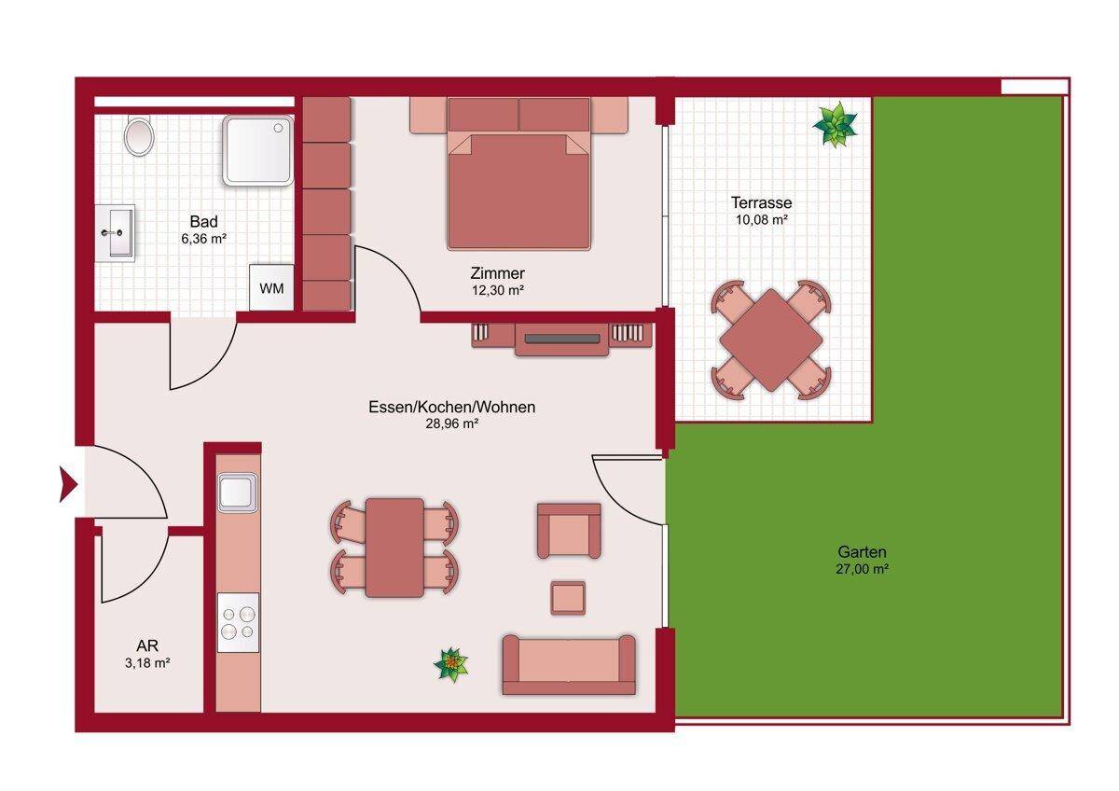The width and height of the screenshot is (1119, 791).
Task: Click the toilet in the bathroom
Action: pos(138,135)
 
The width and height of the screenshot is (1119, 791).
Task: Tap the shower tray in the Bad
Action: pos(257,150)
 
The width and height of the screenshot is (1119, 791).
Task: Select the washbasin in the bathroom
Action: pos(116,233)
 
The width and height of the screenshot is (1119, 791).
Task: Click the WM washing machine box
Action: pos(271,288)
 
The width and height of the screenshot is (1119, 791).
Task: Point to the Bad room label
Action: pos(204,221)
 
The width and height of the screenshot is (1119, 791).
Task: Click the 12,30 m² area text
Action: pos(498,290)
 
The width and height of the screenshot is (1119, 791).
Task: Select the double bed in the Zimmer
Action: pos(519,173)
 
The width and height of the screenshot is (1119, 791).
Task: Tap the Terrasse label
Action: pos(761,202)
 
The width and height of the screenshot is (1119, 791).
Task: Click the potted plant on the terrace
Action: pos(836,124)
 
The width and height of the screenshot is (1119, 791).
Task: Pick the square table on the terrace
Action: pos(771,340)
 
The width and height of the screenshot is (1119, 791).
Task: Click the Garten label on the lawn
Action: pos(863,551)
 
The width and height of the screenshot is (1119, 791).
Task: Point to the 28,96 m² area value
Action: pos(452,423)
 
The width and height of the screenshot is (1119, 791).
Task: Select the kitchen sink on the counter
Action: pos(238,493)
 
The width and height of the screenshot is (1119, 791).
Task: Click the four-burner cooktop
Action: pos(239,622)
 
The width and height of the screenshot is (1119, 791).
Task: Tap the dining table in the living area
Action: pos(394,548)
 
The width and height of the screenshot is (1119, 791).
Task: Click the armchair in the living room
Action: pos(569,531)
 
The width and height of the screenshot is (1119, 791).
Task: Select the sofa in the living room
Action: pos(569,664)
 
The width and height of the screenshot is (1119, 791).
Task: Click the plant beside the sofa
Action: pos(451,664)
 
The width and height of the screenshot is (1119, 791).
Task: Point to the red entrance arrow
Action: pos(68,484)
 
